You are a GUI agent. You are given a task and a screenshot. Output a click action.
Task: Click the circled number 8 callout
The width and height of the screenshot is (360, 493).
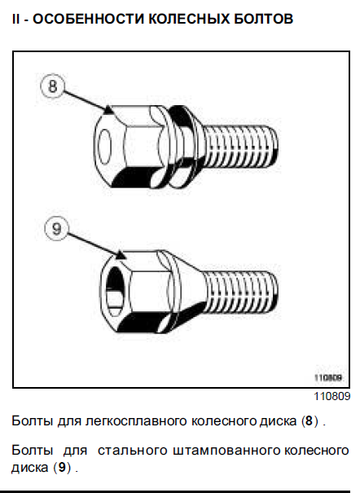pos(52,86)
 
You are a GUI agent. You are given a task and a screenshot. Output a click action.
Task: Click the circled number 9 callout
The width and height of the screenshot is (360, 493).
pos(56,228)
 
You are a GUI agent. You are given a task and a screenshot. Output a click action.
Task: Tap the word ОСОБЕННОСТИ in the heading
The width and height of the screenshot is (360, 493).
pos(88,19)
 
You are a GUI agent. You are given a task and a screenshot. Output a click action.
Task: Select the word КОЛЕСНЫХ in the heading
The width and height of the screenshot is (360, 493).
pos(188,19)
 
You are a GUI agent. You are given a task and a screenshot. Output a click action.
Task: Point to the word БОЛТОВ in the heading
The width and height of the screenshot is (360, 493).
pos(263,19)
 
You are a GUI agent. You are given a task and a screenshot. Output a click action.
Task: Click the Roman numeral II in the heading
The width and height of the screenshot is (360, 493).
pos(15,19)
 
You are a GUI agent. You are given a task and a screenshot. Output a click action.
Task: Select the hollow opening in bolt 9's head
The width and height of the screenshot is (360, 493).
pos(116,292)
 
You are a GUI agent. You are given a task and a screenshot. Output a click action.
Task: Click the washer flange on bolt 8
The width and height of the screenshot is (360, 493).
pos(182,147)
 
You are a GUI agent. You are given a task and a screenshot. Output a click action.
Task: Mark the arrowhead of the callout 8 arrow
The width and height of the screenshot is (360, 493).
pos(108,110)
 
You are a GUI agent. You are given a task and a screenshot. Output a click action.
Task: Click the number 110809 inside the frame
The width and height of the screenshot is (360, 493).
pos(328,377)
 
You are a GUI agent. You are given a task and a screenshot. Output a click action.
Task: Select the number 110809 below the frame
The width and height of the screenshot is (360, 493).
pos(332,396)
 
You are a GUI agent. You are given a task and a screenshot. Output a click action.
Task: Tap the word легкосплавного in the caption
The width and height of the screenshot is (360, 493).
pos(137,421)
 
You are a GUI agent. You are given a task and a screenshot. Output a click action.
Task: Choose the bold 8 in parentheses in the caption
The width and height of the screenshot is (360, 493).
pos(310,420)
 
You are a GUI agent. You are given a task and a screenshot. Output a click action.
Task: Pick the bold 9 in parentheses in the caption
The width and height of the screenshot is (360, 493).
pos(62,468)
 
